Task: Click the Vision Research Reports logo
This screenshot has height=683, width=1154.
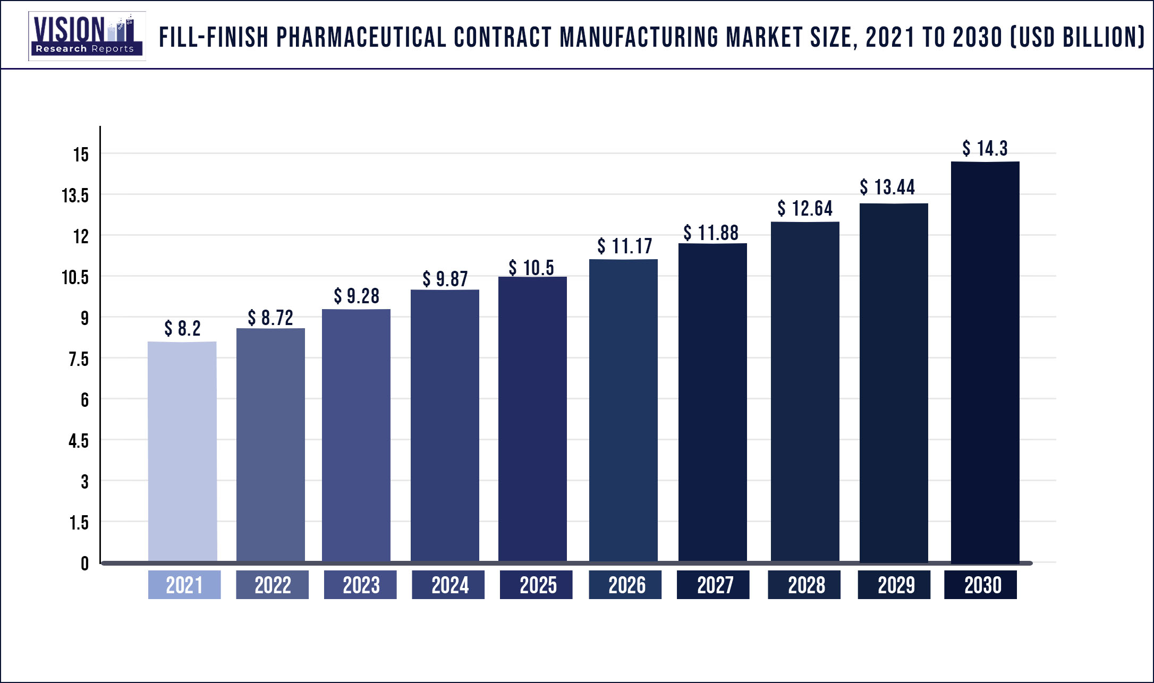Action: coord(87,36)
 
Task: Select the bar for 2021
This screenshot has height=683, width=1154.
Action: coord(182,451)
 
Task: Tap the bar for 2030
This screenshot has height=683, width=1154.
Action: coord(985,361)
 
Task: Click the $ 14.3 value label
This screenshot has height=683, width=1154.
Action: coord(985,148)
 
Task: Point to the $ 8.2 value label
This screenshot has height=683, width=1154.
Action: coord(182,328)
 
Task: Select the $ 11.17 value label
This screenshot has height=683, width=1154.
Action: coord(624,246)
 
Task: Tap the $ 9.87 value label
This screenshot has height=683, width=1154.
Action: coord(445,279)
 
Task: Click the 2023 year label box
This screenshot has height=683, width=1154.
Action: coord(360,585)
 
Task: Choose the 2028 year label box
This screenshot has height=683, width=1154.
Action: coord(804,585)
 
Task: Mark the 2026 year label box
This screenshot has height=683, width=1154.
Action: coord(625,585)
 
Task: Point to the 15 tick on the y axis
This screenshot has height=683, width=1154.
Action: coord(81,155)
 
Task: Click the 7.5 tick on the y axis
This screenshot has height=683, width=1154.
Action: coord(78,359)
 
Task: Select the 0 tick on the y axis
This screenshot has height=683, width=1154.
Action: coord(84,564)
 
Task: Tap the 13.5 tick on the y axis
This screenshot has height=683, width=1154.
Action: coord(75,195)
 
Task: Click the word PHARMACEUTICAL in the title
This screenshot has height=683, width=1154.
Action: coord(361,37)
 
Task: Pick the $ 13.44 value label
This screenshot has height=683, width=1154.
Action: coord(887,187)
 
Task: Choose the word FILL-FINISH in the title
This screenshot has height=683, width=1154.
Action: coord(214,37)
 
